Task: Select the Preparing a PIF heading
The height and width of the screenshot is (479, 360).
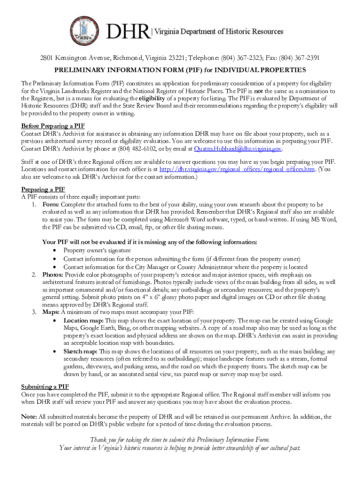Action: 43,189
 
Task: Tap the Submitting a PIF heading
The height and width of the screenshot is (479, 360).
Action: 45,386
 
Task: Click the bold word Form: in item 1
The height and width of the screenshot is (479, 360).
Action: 50,204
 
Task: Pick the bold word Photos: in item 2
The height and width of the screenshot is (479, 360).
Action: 53,275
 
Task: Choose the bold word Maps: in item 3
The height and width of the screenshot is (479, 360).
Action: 51,312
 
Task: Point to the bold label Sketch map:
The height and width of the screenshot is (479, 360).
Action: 80,351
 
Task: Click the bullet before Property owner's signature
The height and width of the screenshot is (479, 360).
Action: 55,250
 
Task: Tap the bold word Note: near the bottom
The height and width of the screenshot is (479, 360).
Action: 29,417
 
